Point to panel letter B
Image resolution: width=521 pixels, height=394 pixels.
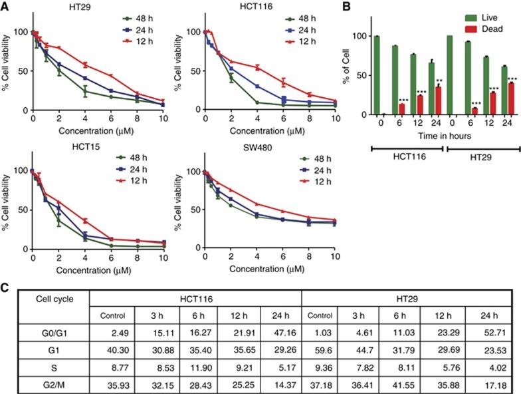point(362,7)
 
